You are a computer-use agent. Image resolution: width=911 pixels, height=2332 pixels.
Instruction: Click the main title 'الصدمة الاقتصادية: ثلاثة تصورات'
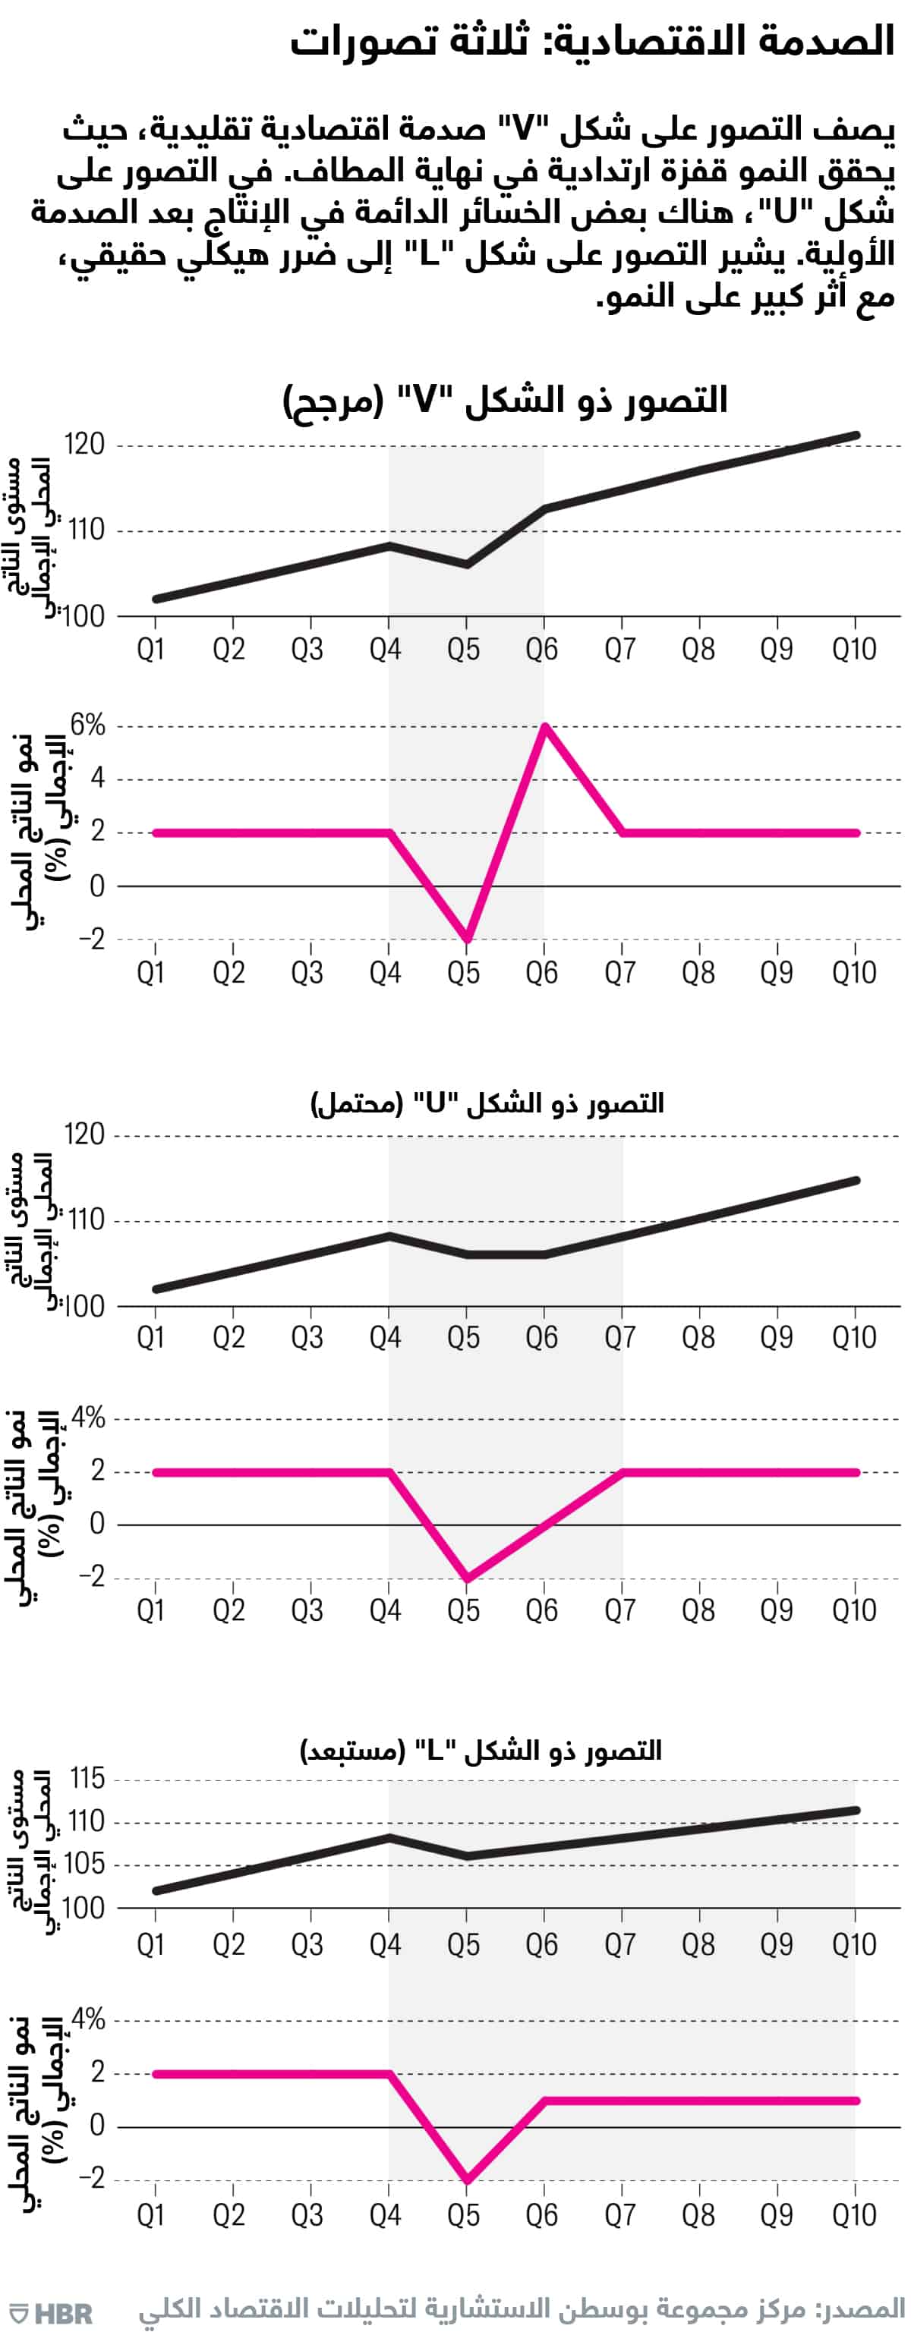pyautogui.click(x=592, y=42)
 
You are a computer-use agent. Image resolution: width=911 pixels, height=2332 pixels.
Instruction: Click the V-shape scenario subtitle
pyautogui.click(x=506, y=400)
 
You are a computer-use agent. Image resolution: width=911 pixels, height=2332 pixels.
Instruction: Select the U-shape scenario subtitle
pyautogui.click(x=487, y=1103)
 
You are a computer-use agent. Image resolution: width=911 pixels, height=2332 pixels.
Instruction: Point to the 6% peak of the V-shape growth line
pyautogui.click(x=544, y=726)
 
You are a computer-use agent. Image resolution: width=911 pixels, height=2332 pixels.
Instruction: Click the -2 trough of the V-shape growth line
pyautogui.click(x=466, y=939)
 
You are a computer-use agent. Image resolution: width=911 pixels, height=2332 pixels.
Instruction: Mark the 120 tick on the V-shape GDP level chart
pyautogui.click(x=85, y=445)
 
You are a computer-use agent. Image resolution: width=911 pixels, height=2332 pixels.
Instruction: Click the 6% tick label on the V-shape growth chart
pyautogui.click(x=88, y=725)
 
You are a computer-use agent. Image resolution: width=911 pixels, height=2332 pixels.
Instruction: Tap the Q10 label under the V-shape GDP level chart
pyautogui.click(x=854, y=649)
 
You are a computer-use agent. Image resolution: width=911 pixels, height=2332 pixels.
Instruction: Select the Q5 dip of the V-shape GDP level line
pyautogui.click(x=466, y=564)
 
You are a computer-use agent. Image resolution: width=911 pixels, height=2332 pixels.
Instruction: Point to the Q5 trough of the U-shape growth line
pyautogui.click(x=466, y=1578)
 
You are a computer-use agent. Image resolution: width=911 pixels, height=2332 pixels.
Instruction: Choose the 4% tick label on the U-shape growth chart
pyautogui.click(x=88, y=1418)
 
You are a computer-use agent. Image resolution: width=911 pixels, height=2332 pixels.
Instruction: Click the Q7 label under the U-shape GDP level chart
pyautogui.click(x=620, y=1338)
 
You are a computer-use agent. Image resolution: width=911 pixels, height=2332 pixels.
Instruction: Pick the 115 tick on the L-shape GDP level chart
pyautogui.click(x=87, y=1779)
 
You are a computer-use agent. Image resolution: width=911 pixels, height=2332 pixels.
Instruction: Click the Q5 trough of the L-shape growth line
pyautogui.click(x=466, y=2181)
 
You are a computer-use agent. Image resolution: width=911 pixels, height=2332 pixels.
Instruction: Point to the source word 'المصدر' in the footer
pyautogui.click(x=863, y=2304)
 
